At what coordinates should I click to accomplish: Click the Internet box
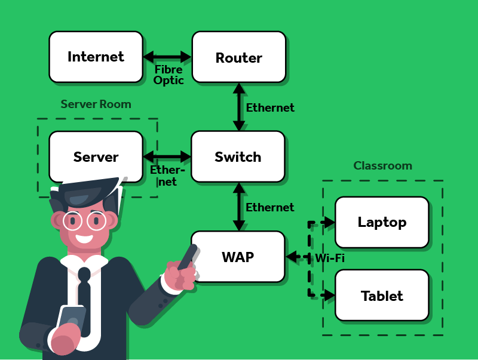coord(96,57)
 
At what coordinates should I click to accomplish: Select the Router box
coord(238,57)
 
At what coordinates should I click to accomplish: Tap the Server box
coord(96,156)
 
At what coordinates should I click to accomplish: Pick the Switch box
coord(238,156)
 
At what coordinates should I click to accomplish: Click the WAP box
coord(238,257)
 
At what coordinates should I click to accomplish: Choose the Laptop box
coord(382,222)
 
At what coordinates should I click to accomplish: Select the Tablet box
coord(382,295)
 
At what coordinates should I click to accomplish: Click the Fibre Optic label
coord(168,75)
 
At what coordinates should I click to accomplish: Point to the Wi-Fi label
coord(330,258)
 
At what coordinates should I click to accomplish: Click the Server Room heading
coord(96,104)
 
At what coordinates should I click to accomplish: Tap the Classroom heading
coord(382,165)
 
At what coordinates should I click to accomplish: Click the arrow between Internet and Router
coord(167,57)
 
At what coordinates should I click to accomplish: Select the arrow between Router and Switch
coord(239,107)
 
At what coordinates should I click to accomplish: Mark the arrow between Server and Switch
coord(167,156)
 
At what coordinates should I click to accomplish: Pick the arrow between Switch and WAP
coord(239,207)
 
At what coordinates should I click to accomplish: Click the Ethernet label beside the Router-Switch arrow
coord(270,108)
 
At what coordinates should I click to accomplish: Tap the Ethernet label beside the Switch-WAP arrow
coord(270,207)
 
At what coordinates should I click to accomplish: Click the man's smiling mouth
coord(85,239)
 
